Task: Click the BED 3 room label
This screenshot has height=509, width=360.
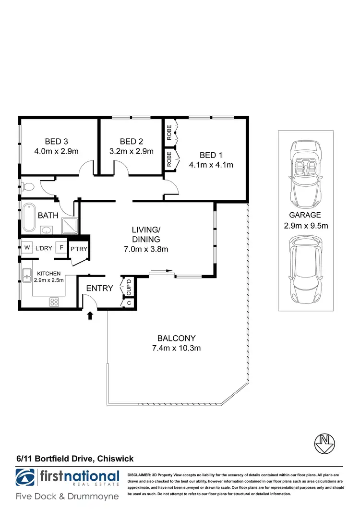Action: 56,141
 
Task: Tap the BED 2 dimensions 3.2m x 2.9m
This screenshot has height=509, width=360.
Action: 131,151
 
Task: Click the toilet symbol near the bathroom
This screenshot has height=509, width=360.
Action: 28,187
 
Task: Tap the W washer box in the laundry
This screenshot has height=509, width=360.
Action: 26,248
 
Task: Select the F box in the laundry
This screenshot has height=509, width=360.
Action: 61,248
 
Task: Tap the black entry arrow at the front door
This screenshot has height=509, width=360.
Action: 90,315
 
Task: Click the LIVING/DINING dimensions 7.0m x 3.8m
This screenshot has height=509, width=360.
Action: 146,249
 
